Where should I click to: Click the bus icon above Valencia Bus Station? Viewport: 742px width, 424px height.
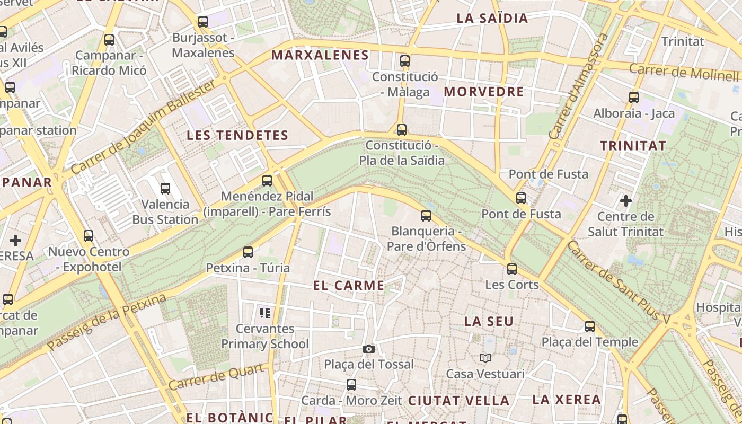coord(165,188)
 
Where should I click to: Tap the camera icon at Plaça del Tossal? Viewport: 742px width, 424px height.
coord(369,349)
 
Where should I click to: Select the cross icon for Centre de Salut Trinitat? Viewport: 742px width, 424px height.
coord(626,201)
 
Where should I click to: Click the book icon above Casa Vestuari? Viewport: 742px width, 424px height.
coord(485,358)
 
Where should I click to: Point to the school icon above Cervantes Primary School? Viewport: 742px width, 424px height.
coord(265,313)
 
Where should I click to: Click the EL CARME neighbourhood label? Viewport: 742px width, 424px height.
coord(349,286)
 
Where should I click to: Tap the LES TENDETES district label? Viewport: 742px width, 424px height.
coord(237,135)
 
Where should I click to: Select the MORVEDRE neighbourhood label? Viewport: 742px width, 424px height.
coord(484,92)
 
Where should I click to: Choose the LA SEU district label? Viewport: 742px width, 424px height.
coord(489,321)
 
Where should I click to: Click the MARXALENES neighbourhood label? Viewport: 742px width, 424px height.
coord(320,55)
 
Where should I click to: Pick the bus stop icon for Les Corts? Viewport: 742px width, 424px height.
coord(511,269)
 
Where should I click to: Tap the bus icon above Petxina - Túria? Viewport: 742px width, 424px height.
coord(248,252)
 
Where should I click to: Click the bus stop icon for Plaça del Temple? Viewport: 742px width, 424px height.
coord(589,326)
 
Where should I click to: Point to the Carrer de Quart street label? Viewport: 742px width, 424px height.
coord(217,377)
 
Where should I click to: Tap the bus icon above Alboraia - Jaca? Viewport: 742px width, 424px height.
coord(633,98)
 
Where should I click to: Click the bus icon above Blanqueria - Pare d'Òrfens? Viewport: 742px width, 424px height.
coord(426,216)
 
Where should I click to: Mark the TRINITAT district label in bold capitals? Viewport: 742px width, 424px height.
coord(633,145)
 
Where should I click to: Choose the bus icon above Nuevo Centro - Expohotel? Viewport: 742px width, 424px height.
coord(89,236)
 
